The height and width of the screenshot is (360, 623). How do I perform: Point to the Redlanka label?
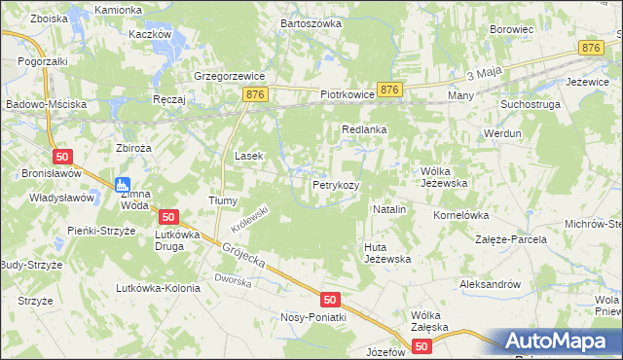point(365,128)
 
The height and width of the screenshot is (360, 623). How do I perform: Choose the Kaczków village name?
point(150,33)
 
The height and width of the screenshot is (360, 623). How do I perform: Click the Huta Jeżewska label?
point(387,253)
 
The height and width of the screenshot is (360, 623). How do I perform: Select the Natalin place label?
point(389,209)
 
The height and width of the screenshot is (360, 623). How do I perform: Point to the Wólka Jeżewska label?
point(445,176)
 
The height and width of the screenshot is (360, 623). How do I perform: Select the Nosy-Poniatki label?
point(313,317)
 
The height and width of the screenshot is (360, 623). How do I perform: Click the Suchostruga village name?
point(531,102)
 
